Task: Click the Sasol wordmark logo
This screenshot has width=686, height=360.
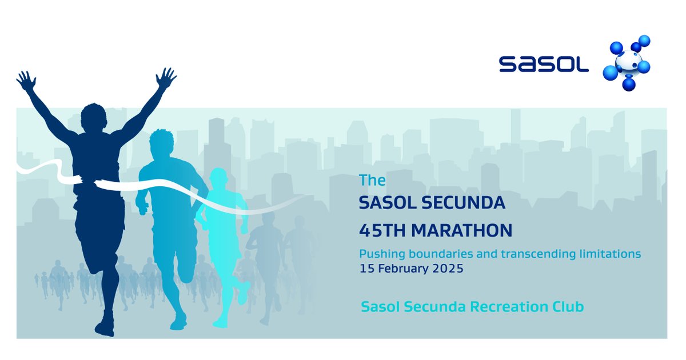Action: pos(543,63)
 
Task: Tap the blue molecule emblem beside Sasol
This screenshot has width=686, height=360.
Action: pos(628,63)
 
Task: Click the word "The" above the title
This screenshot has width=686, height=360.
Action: pos(372,181)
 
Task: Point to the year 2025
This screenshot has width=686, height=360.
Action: pos(446,268)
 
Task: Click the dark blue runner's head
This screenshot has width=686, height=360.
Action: pos(93,118)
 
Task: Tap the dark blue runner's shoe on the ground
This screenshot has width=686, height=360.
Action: pos(105,329)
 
